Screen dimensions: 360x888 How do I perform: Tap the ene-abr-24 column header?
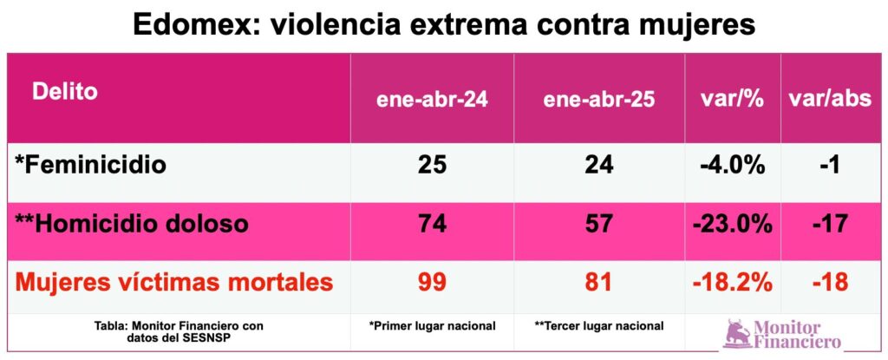click(x=432, y=99)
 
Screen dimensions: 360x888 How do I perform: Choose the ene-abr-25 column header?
click(x=599, y=99)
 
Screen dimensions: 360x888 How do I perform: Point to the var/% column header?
click(x=731, y=99)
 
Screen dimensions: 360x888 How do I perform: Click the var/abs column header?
click(x=829, y=99)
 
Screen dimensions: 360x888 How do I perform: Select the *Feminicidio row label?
click(x=89, y=164)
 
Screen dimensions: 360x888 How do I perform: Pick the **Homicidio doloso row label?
click(x=132, y=224)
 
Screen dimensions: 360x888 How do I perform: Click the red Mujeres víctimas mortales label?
click(x=173, y=283)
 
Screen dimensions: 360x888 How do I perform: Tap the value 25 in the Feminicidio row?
click(x=432, y=165)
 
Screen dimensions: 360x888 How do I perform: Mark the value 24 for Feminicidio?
click(x=599, y=165)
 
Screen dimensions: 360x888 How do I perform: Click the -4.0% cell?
click(x=731, y=165)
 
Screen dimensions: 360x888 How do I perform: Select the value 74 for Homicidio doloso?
click(x=432, y=224)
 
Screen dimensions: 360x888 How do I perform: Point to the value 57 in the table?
click(x=599, y=224)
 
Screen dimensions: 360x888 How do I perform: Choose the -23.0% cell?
click(x=731, y=224)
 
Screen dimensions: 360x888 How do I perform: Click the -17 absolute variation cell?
click(x=829, y=224)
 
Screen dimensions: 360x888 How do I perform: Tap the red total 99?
click(x=432, y=283)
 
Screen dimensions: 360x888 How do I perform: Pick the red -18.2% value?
click(x=731, y=283)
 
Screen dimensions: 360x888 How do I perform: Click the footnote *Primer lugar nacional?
click(x=432, y=326)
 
